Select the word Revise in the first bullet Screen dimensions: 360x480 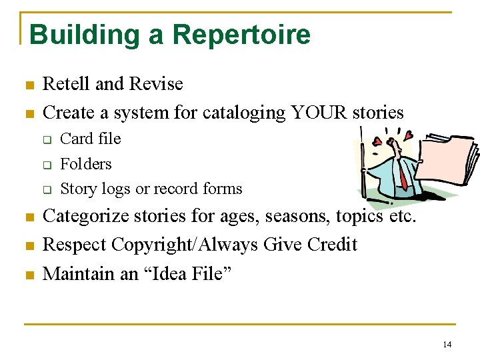pyautogui.click(x=156, y=84)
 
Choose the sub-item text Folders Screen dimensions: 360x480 pyautogui.click(x=86, y=164)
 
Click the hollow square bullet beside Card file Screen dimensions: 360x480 pyautogui.click(x=47, y=139)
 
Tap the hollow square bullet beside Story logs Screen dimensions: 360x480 pyautogui.click(x=47, y=189)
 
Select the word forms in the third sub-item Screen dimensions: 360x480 pyautogui.click(x=222, y=189)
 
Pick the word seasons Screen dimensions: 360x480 pyautogui.click(x=295, y=217)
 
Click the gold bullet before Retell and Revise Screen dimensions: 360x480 pyautogui.click(x=29, y=85)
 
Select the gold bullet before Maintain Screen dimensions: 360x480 pyautogui.click(x=29, y=274)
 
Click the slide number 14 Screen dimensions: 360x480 pyautogui.click(x=446, y=344)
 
